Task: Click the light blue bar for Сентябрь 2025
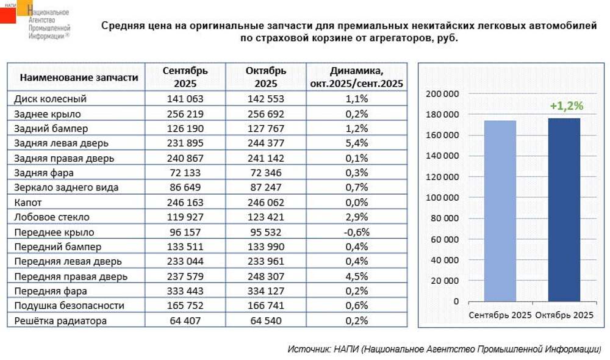click(x=500, y=211)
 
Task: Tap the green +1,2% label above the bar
click(x=566, y=106)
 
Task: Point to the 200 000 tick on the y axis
click(x=443, y=94)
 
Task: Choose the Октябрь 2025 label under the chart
click(x=564, y=315)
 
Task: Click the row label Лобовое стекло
click(x=52, y=217)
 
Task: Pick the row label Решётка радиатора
click(x=60, y=321)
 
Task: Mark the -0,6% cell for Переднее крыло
click(x=356, y=232)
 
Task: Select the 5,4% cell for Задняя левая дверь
click(x=356, y=143)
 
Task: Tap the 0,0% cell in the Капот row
click(x=356, y=203)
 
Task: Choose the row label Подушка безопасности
click(x=69, y=306)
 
